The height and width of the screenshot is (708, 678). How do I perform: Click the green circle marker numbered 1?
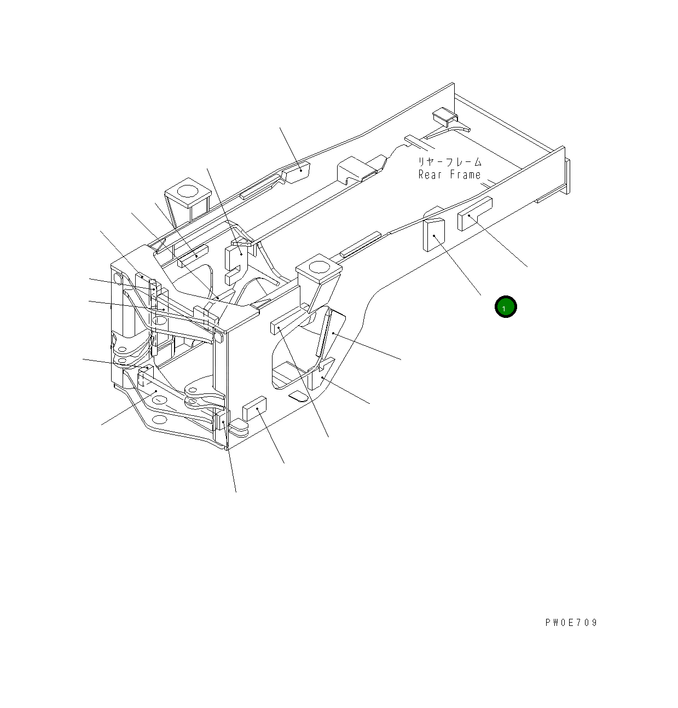505,307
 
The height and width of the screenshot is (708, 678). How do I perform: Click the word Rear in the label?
430,175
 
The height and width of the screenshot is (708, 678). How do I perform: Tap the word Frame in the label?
465,175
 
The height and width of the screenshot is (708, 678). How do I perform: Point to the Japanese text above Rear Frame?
450,162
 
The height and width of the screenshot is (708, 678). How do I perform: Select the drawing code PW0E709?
571,623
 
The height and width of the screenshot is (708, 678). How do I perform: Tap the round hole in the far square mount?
188,191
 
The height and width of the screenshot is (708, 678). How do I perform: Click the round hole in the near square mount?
318,268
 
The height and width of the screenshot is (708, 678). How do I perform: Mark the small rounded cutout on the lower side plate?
299,396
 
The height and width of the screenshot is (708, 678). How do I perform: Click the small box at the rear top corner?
444,115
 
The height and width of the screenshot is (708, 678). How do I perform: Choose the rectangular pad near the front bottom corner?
254,408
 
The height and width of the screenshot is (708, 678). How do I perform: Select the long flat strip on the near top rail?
360,245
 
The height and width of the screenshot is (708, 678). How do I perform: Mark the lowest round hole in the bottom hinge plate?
159,420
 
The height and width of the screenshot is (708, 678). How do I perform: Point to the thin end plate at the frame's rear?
567,176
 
